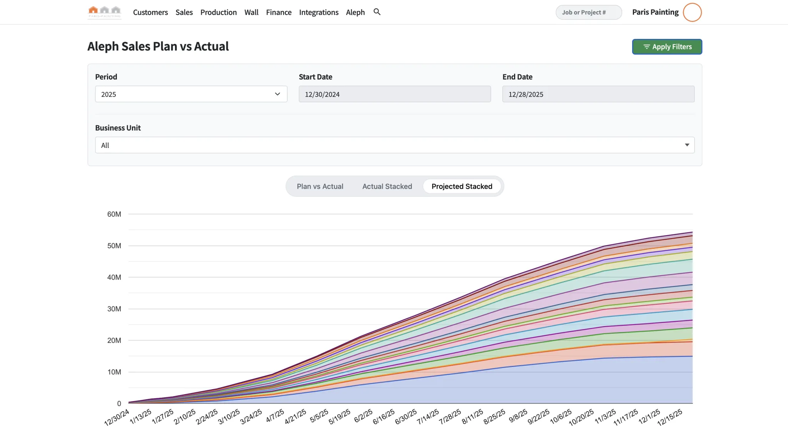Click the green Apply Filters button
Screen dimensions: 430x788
point(667,47)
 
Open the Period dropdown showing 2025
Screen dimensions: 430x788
point(191,94)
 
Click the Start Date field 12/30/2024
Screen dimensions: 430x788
point(394,94)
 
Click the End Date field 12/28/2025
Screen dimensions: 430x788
point(598,94)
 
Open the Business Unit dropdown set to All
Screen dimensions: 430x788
point(394,145)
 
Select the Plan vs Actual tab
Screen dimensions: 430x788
point(320,186)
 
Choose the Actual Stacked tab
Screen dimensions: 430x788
point(387,186)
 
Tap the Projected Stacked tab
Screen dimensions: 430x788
point(462,186)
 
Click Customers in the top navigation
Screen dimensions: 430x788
point(150,12)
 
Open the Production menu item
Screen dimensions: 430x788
point(218,12)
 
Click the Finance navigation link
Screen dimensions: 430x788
point(279,12)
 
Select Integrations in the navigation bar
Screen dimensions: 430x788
point(319,12)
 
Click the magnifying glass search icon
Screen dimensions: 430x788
point(377,12)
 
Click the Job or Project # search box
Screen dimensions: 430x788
point(588,12)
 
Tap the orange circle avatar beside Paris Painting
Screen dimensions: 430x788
point(692,12)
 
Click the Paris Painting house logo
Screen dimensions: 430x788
point(104,12)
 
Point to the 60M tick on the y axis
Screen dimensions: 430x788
point(114,214)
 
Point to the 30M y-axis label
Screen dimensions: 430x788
point(114,309)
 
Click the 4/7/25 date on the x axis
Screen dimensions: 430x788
point(275,416)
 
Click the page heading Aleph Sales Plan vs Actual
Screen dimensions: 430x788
point(158,46)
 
